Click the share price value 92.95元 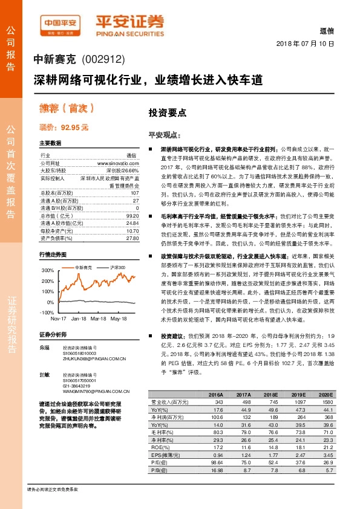(74, 128)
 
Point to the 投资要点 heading (167, 112)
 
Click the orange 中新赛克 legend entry (83, 267)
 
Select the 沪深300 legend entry (119, 267)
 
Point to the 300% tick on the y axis (48, 270)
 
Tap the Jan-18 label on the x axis (79, 318)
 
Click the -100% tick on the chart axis (47, 313)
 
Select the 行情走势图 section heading (53, 254)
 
